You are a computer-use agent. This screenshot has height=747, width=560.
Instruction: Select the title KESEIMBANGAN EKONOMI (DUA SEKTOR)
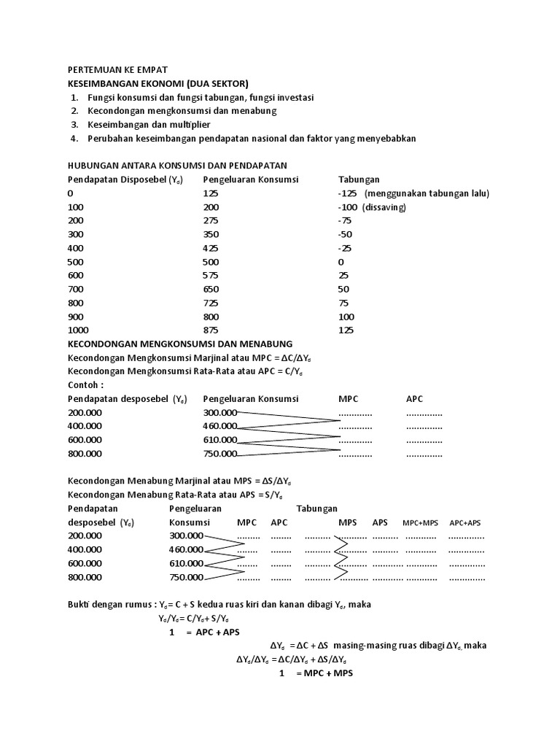click(x=158, y=84)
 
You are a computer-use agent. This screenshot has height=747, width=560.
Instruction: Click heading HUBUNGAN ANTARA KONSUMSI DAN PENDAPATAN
click(x=178, y=165)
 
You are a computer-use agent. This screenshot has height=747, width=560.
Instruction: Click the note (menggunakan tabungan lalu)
click(x=427, y=193)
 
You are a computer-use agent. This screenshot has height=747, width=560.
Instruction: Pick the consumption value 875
click(x=211, y=330)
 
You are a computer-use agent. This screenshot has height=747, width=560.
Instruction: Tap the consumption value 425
click(x=211, y=248)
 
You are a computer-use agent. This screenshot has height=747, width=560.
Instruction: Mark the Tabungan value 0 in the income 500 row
click(x=341, y=261)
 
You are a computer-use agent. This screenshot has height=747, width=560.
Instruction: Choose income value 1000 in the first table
click(x=78, y=330)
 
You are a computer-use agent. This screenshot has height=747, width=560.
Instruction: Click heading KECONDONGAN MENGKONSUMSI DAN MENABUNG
click(x=180, y=344)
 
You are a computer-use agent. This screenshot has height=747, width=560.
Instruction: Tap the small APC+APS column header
click(x=466, y=523)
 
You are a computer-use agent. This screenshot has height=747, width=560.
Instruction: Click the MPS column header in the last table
click(x=348, y=522)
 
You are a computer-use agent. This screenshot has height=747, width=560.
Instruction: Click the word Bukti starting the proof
click(x=78, y=605)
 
